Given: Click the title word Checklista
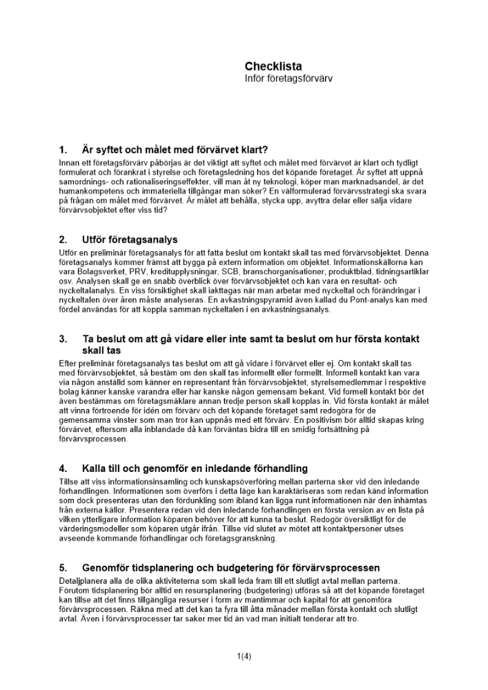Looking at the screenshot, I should (273, 66).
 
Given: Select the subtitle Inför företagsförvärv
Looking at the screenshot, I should (289, 79).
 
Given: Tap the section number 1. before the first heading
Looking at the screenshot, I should (63, 149).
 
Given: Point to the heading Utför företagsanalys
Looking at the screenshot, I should (130, 240).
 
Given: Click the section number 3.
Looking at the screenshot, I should (63, 339).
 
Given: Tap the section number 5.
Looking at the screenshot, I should (63, 568).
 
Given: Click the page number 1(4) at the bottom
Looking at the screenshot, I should (244, 656).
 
